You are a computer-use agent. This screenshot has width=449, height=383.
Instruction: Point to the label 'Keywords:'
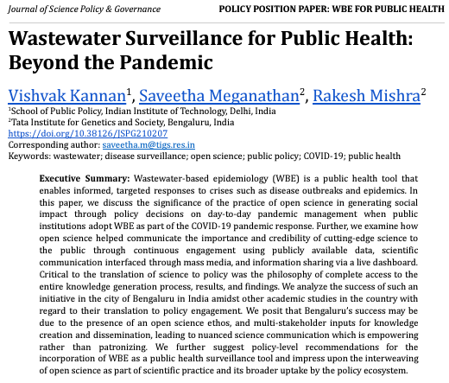point(28,156)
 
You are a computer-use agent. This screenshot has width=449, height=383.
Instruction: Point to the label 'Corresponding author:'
point(54,145)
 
